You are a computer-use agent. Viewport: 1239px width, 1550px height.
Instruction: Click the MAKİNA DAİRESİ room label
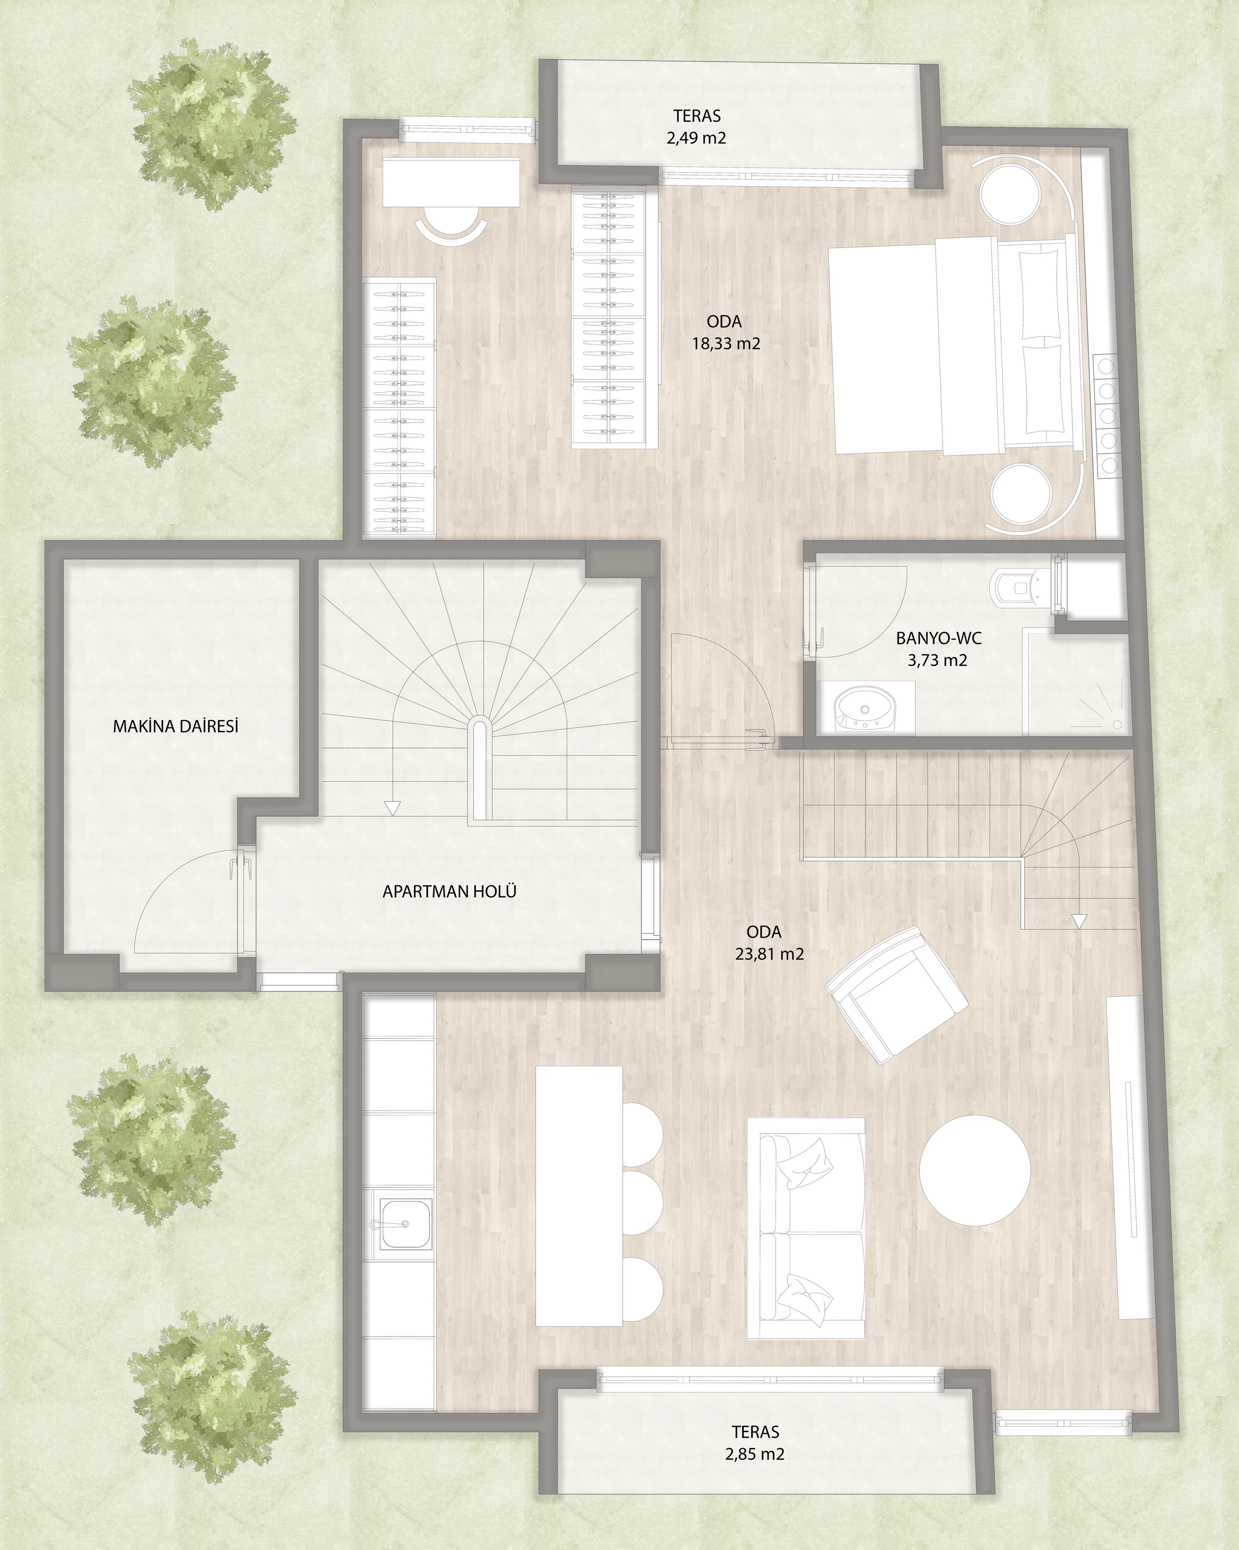[x=176, y=726]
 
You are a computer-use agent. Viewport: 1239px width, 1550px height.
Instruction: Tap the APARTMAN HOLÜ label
[x=450, y=892]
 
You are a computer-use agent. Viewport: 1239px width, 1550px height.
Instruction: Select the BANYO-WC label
[x=939, y=638]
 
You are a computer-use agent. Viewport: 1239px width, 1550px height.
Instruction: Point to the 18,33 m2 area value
[x=726, y=344]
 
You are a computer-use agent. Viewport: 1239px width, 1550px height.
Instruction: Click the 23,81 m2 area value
[x=769, y=954]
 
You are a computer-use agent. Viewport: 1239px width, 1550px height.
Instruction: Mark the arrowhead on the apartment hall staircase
[x=392, y=808]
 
